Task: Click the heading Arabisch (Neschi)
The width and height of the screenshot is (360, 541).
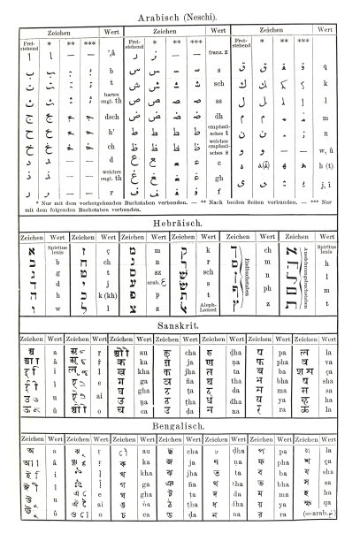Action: coord(180,16)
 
